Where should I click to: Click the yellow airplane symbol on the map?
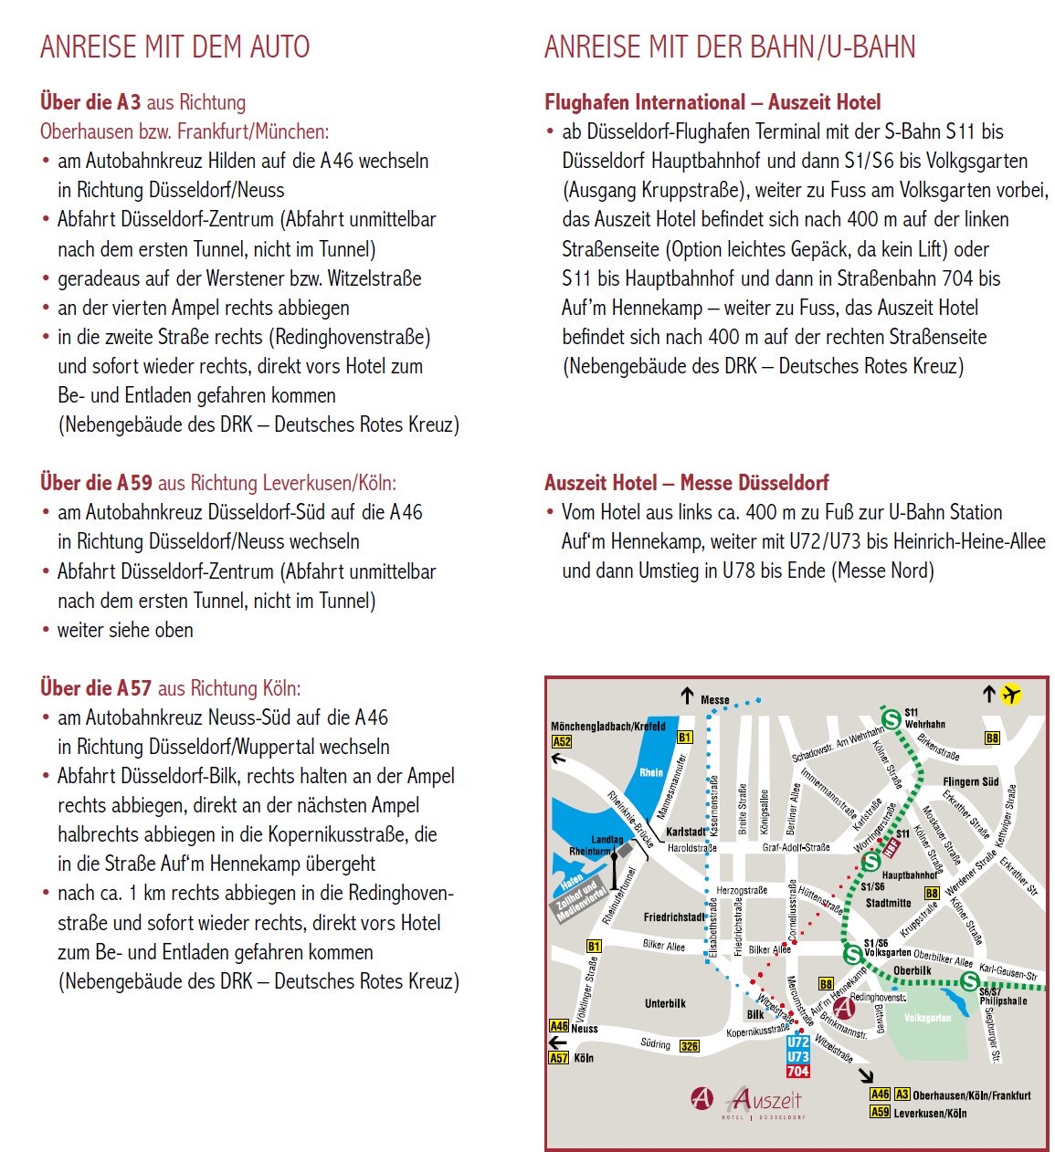point(1010,695)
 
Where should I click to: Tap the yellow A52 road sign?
point(561,742)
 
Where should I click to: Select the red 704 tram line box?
point(797,1072)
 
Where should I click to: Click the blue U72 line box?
point(797,1042)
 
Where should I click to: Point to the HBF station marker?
point(891,847)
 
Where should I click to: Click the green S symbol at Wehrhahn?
point(891,717)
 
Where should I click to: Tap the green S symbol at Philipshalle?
point(970,982)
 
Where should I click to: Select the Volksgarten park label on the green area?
point(927,1018)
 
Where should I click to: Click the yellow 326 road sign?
point(689,1046)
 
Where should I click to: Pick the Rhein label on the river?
point(651,772)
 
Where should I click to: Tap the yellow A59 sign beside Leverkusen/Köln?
point(880,1112)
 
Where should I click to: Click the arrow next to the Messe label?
point(688,696)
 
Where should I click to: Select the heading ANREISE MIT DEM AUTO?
point(174,47)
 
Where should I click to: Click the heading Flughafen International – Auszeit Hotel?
point(712,102)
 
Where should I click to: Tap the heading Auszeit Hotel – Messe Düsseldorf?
point(686,483)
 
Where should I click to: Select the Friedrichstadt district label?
point(674,916)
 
